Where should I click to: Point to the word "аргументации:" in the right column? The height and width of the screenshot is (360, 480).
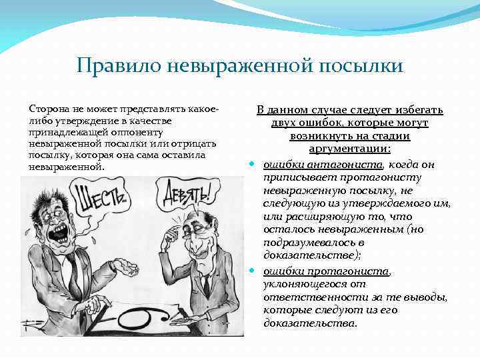350,149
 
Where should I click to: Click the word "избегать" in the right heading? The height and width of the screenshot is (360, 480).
416,110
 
